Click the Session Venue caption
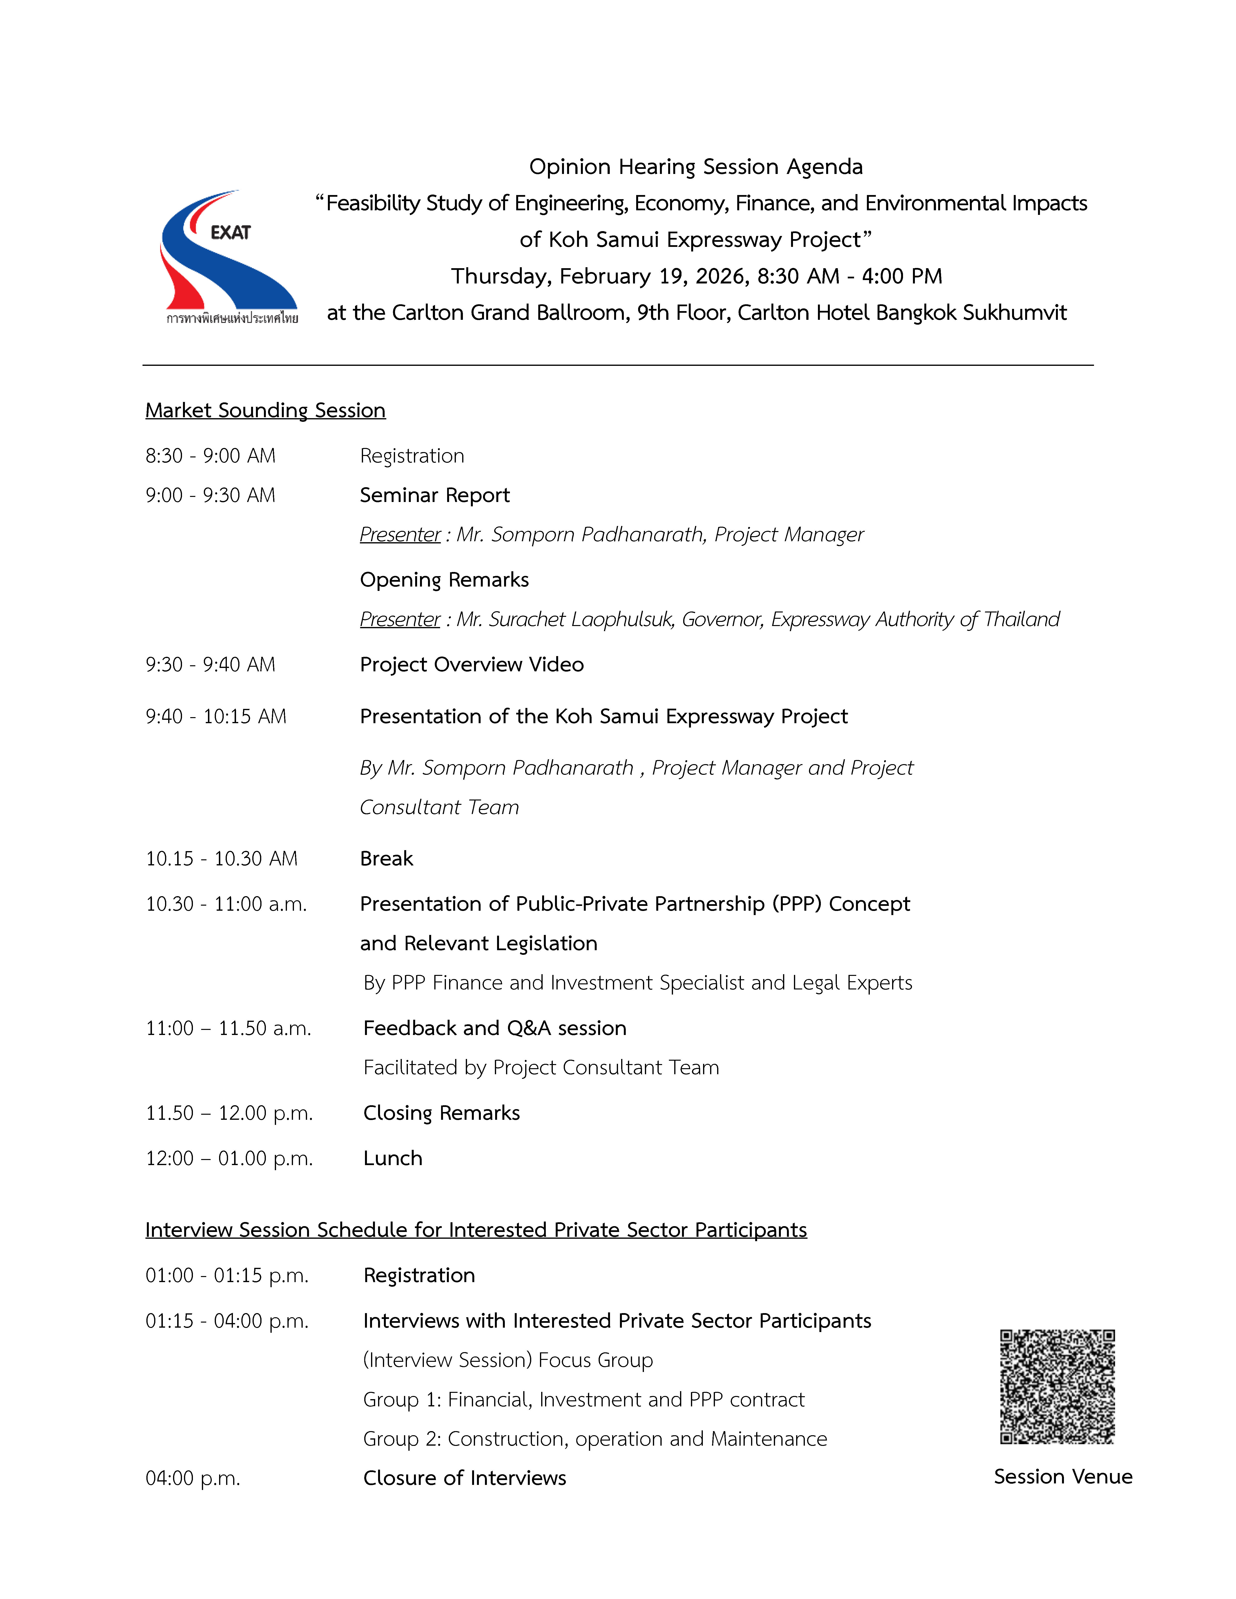1062,1477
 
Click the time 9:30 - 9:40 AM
210,665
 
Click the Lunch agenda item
392,1158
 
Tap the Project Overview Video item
472,665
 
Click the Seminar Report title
434,496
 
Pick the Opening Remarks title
444,580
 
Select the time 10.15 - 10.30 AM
221,859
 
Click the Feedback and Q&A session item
495,1029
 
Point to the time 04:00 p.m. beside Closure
193,1478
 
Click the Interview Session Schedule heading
476,1230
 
